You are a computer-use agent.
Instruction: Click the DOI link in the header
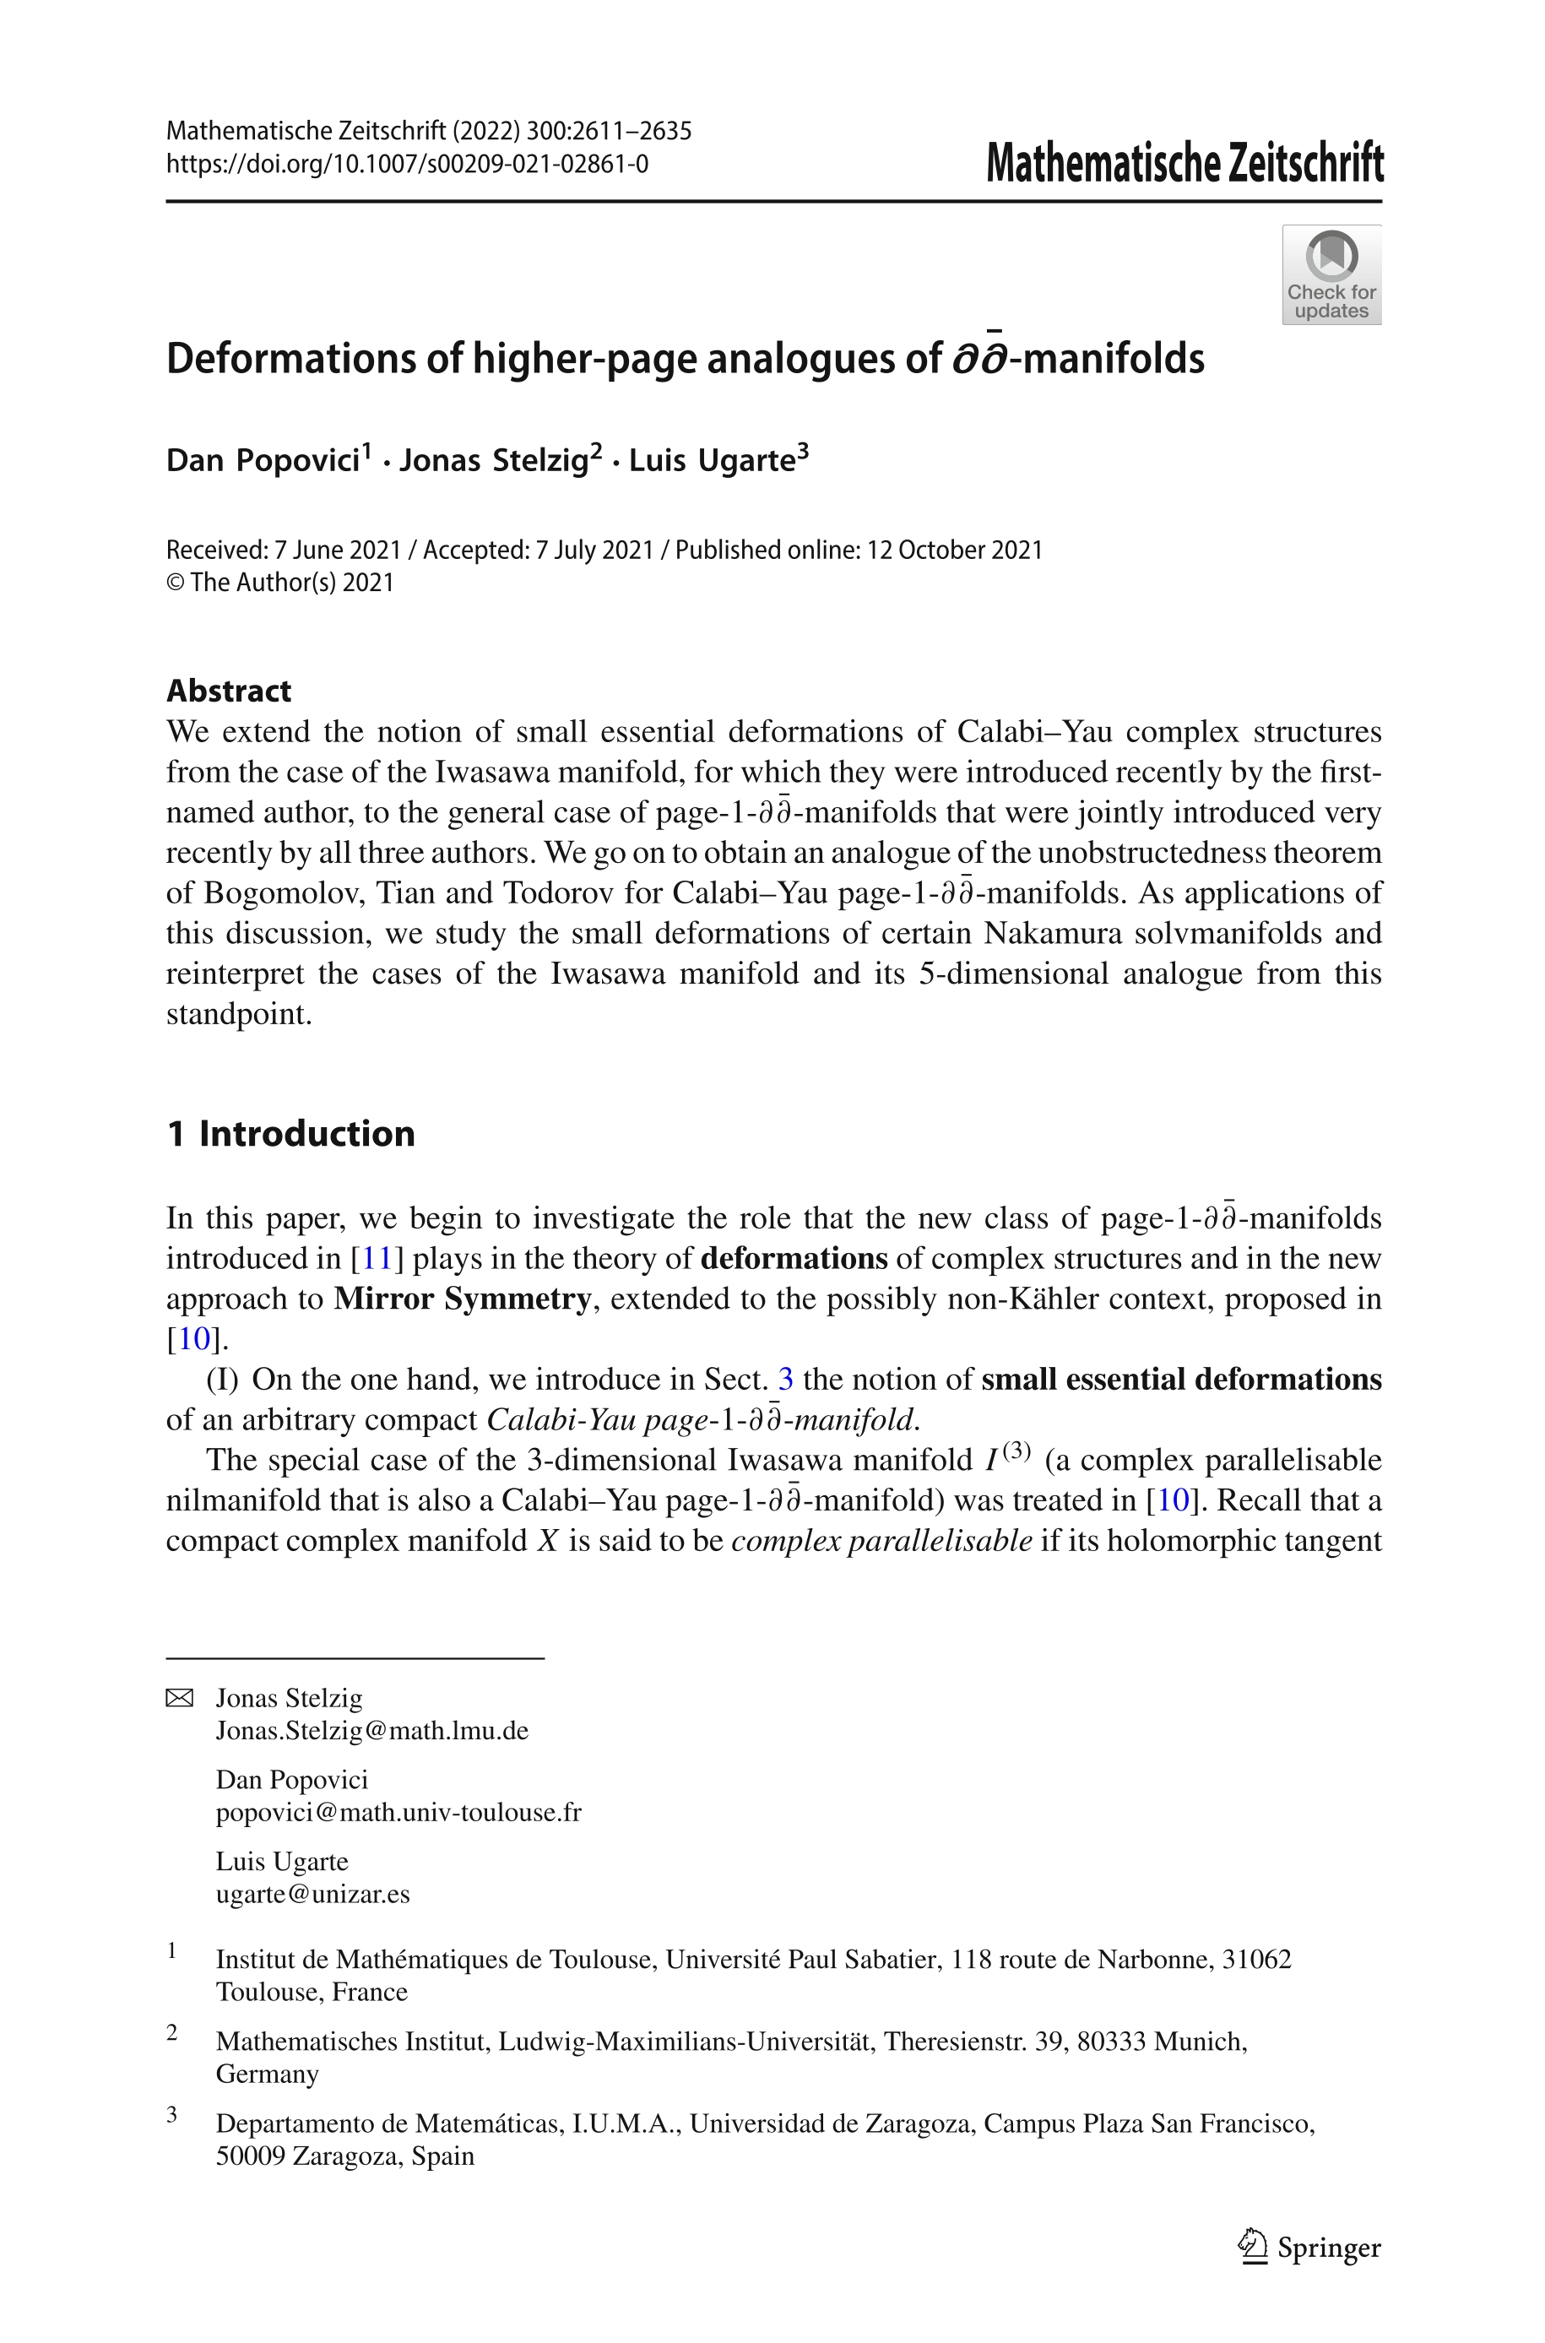(407, 164)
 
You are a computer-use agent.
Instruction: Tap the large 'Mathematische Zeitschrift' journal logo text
(1184, 164)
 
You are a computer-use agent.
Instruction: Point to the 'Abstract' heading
(229, 691)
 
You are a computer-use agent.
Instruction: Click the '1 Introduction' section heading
(290, 1134)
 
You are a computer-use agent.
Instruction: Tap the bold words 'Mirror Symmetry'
(462, 1299)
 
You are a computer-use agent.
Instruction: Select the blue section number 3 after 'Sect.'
(785, 1380)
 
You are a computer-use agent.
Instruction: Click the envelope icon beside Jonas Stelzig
(179, 1699)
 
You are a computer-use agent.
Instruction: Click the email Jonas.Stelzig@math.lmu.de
(372, 1731)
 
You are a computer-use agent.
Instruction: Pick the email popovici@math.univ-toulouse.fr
(399, 1813)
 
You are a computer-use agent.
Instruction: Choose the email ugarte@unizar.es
(313, 1895)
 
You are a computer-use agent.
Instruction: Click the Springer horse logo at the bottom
(1252, 2248)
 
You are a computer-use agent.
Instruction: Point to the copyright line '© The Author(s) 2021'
(279, 583)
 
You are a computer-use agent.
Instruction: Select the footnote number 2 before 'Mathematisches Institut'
(172, 2032)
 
